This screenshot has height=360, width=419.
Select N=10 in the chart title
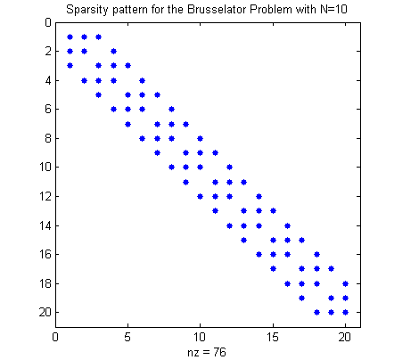333,9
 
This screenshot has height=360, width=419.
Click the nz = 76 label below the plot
207,352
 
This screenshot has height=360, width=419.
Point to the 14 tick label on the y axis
45,225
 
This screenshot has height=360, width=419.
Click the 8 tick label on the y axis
48,138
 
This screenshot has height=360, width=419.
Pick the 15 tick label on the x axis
273,337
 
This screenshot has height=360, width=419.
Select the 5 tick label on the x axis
127,337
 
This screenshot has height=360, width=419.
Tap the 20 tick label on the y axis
45,312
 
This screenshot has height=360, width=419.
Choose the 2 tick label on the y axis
48,51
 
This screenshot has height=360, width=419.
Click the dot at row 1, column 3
99,37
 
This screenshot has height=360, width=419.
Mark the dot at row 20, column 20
345,312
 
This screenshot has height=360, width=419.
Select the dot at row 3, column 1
70,66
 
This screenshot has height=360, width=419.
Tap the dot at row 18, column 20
345,283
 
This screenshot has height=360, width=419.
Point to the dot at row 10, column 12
229,168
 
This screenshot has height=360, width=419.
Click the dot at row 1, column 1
70,37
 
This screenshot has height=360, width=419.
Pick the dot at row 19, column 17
302,298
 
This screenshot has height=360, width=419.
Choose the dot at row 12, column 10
201,196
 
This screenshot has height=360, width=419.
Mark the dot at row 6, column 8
171,109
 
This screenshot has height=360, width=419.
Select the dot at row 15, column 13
243,240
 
